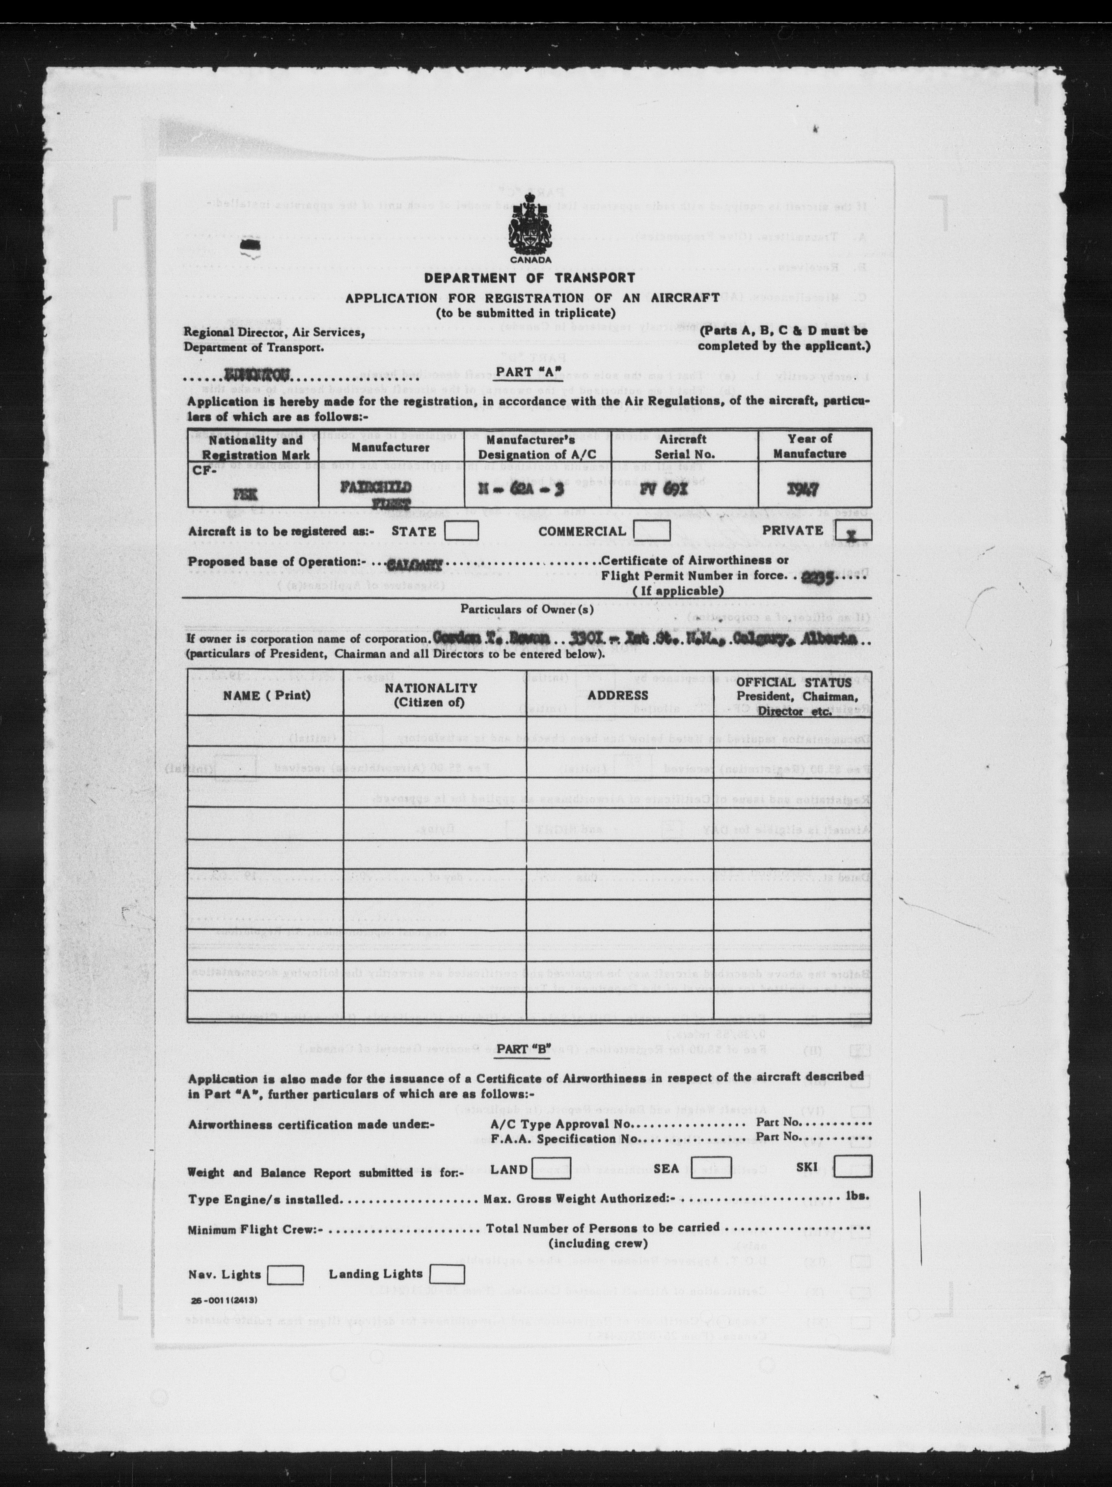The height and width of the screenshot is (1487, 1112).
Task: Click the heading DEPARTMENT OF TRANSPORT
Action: click(530, 278)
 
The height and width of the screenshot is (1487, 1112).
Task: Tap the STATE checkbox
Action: click(462, 531)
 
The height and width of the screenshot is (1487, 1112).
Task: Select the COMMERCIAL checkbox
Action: click(651, 531)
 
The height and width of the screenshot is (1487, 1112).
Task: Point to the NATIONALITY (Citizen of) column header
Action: click(431, 695)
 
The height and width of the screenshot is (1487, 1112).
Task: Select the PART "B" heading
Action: click(530, 1049)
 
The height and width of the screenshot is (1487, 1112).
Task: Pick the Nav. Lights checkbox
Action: click(285, 1274)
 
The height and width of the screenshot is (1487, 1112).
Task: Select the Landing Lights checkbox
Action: click(447, 1273)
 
